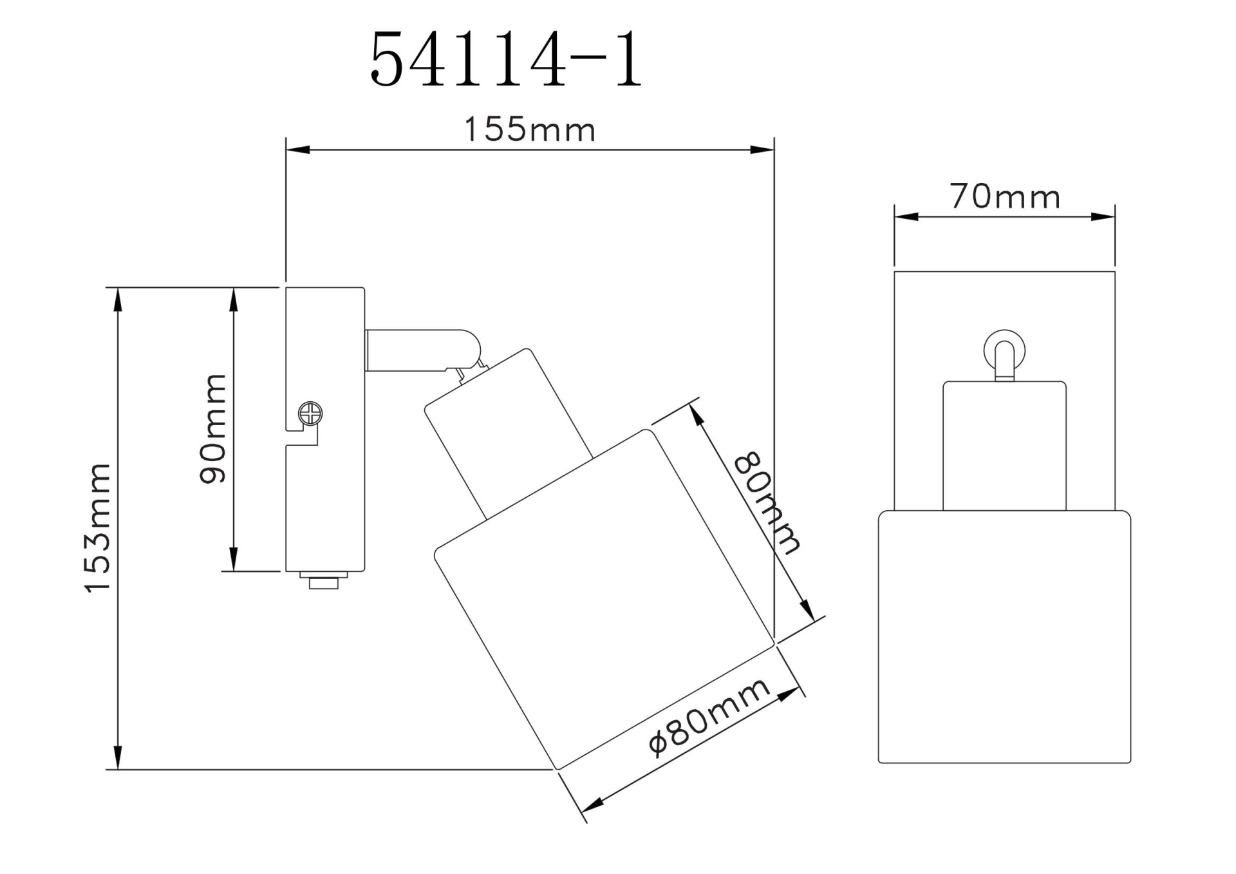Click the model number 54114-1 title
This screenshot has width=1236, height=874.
click(506, 60)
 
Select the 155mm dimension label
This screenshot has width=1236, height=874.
click(529, 129)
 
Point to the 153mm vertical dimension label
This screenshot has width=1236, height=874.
click(98, 527)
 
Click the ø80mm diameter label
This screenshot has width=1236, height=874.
click(709, 717)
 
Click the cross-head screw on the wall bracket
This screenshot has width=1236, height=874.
click(310, 413)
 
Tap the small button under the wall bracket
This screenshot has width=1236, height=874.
click(324, 582)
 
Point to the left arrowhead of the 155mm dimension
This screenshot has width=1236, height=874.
click(297, 150)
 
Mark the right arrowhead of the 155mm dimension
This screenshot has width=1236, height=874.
click(762, 150)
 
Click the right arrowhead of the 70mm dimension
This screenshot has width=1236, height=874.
click(1103, 217)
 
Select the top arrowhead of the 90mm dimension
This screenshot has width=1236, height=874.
click(234, 299)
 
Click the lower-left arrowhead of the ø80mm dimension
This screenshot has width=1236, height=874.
click(592, 804)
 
